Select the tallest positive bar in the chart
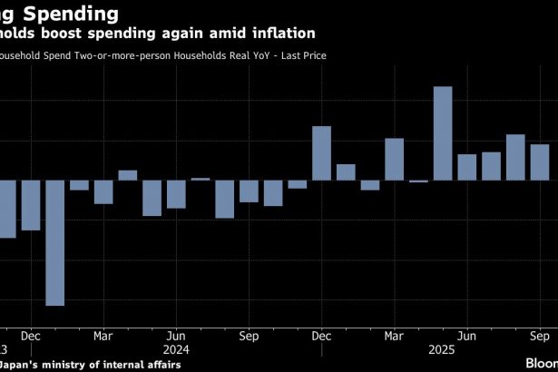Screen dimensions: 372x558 pos(443,133)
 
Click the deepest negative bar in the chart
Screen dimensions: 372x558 pos(55,242)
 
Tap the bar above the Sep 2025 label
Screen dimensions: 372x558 pos(539,162)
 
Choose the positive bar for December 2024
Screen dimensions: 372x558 pos(321,152)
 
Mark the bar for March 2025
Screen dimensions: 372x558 pos(394,159)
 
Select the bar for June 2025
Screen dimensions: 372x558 pos(466,167)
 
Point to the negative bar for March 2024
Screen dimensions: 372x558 pos(103,191)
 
